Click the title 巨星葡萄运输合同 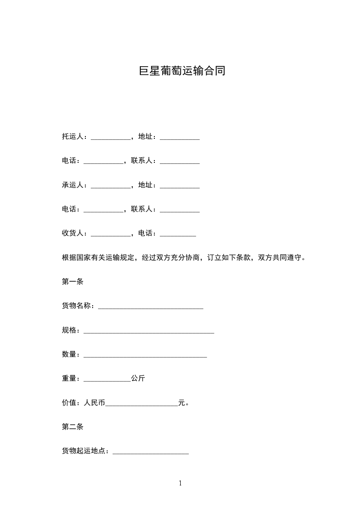pos(182,72)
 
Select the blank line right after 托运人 pos(110,138)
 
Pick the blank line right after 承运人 pos(110,186)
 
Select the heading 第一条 pos(73,281)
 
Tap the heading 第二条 pos(73,426)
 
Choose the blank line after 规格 pos(149,332)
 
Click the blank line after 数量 pos(145,356)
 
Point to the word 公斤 pos(138,378)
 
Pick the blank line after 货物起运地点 pos(150,452)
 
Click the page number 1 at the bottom pos(180,483)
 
